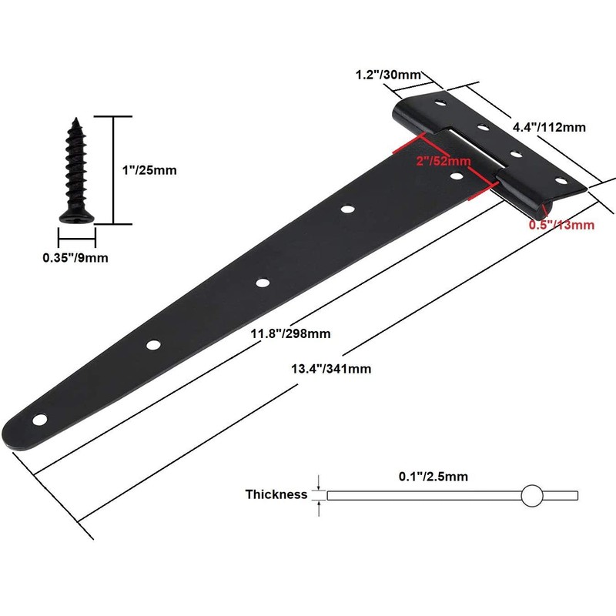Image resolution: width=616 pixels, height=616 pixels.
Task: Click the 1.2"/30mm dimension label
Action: [388, 75]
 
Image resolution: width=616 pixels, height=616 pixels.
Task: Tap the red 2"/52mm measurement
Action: [442, 161]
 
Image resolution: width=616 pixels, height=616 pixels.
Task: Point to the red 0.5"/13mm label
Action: [561, 225]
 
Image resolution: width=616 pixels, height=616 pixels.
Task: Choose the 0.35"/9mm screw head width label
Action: [75, 258]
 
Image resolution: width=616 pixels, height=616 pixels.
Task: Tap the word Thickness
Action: [276, 494]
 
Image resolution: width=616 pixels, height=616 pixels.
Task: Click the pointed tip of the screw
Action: [77, 119]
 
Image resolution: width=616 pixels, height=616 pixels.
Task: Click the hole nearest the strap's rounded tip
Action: [38, 420]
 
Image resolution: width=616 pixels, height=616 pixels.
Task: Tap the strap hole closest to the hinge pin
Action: [457, 176]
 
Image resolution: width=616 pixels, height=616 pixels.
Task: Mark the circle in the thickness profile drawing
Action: [531, 495]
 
